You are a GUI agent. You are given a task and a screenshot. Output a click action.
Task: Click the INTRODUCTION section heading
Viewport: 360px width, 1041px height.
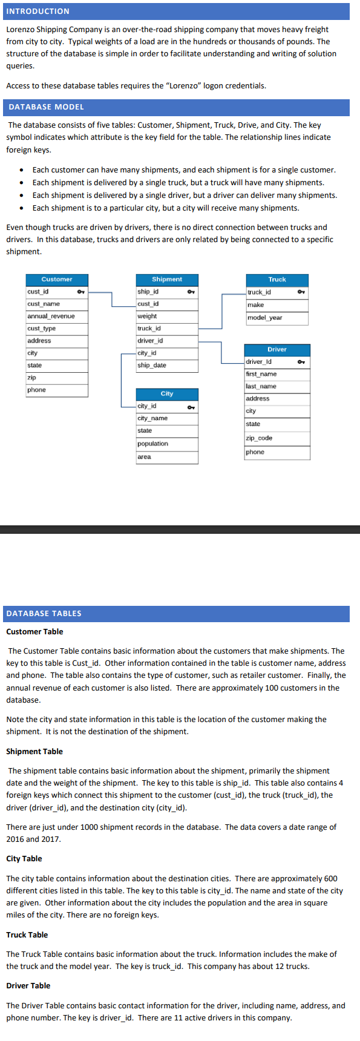point(38,11)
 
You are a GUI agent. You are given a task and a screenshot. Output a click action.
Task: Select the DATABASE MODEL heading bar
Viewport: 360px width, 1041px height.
point(46,107)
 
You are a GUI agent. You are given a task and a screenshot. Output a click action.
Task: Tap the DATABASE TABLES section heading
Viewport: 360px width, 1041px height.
point(44,613)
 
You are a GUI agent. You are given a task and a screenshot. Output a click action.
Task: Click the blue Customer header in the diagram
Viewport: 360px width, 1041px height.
point(57,280)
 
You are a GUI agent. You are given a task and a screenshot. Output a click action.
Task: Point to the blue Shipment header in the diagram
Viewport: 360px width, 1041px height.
point(167,280)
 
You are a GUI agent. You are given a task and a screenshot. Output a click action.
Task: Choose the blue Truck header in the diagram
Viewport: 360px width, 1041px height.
point(277,280)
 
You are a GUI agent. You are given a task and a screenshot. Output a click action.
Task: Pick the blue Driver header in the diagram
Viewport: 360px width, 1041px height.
point(277,350)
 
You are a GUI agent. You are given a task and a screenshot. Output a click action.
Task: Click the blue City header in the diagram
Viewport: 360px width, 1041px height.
point(167,393)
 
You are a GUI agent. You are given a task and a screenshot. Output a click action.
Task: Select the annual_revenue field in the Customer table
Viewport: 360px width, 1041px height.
point(51,316)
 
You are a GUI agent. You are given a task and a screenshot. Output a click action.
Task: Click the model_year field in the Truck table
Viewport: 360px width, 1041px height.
point(264,317)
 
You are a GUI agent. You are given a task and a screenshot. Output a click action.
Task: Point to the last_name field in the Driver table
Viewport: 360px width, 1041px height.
point(261,386)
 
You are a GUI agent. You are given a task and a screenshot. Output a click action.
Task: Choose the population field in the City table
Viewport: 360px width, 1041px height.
point(152,444)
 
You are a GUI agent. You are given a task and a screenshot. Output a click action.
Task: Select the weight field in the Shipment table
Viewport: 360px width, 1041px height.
point(147,316)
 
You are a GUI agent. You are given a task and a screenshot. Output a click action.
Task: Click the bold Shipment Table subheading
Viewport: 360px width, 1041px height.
point(34,752)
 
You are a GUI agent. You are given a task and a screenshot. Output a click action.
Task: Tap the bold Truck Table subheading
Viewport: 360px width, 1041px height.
point(27,935)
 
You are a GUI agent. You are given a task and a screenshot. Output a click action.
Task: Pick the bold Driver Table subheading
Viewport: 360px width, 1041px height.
point(28,986)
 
